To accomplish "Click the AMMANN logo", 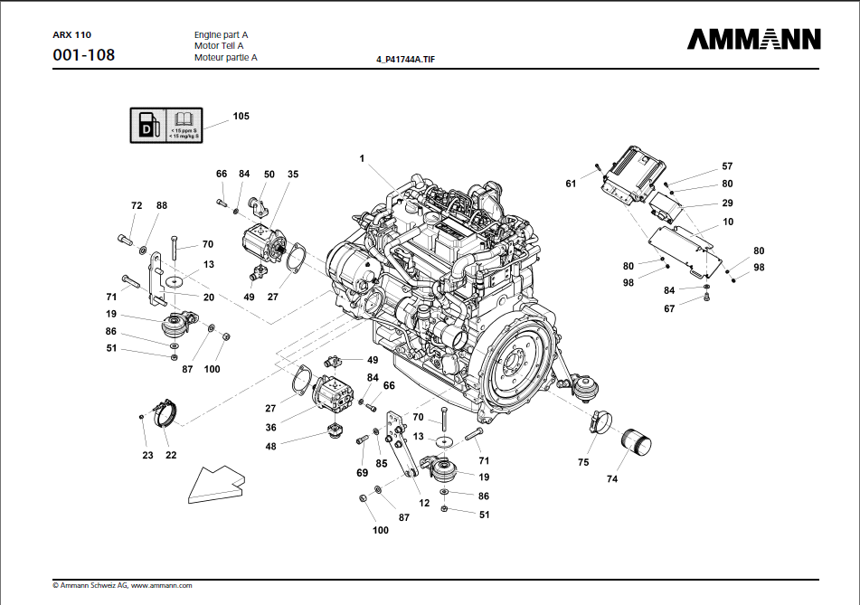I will tap(753, 39).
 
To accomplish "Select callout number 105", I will tap(241, 117).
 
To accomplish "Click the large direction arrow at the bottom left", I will tap(216, 485).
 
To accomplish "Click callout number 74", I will tap(612, 479).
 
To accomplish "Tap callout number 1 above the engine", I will tap(362, 159).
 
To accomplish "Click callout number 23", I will tap(147, 456).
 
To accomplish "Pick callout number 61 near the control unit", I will tap(571, 184).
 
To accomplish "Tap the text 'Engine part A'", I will tap(221, 34).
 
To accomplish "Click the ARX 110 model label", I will tap(72, 34).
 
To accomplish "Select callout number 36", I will tap(270, 428).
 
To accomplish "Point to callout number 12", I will tap(424, 503).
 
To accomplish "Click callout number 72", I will tap(137, 206).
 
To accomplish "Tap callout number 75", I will tap(583, 462).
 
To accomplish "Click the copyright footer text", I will tap(122, 586).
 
